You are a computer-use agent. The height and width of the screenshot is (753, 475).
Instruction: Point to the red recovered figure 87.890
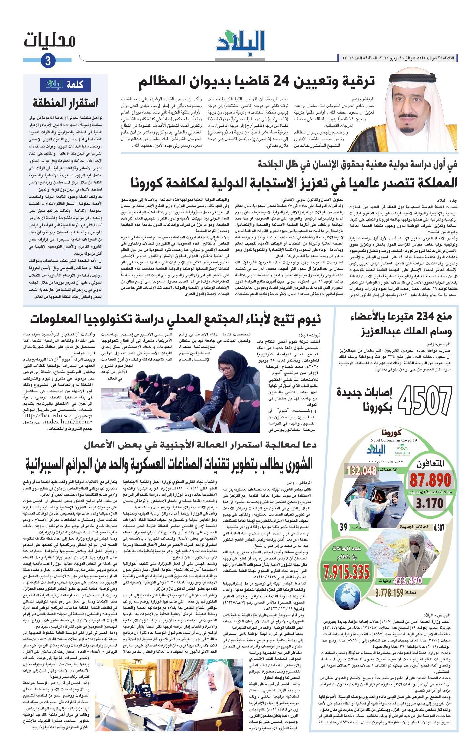[431, 480]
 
